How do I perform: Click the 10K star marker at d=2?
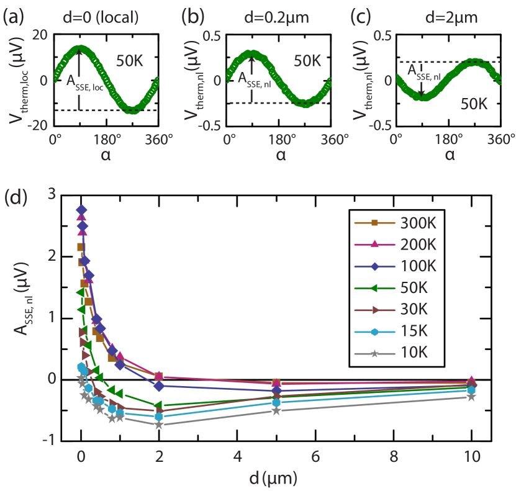(x=160, y=425)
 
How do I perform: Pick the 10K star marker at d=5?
(x=276, y=410)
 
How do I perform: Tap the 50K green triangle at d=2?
(x=160, y=405)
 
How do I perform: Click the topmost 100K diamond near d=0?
(x=81, y=210)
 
